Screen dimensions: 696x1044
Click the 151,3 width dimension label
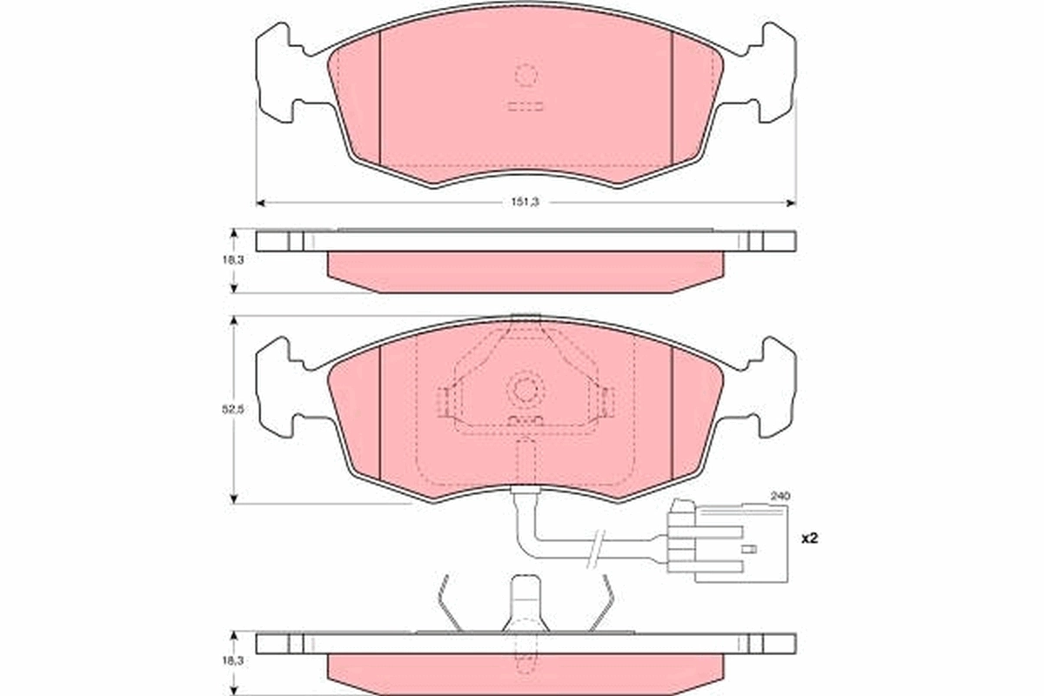pyautogui.click(x=526, y=203)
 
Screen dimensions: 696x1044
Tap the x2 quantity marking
pyautogui.click(x=809, y=539)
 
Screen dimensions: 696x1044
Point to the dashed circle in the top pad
pyautogui.click(x=526, y=76)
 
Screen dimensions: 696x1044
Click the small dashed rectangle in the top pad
pyautogui.click(x=525, y=107)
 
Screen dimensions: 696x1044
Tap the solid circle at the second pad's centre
pyautogui.click(x=525, y=389)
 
